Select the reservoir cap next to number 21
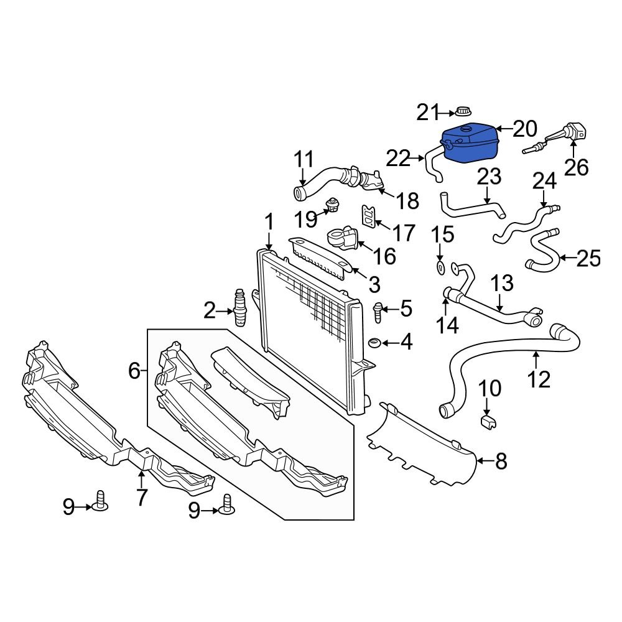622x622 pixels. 462,113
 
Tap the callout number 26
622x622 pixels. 575,167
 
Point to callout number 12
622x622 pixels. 539,378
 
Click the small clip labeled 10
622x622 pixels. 488,423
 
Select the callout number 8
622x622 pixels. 501,462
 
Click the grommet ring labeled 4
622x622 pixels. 375,343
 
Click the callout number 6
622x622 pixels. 134,371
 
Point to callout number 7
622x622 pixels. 142,497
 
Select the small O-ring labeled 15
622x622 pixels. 440,267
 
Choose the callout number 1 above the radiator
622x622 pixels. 269,222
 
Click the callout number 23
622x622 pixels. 489,177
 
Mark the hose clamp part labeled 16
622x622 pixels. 342,239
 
